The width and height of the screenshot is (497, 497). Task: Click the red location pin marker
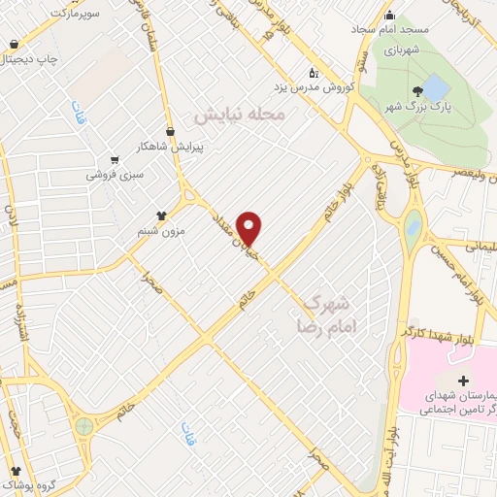click(x=250, y=228)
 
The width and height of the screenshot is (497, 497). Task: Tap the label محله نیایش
click(x=241, y=115)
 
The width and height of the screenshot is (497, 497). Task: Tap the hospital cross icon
click(x=462, y=381)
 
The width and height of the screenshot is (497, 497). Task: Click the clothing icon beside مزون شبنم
click(x=162, y=215)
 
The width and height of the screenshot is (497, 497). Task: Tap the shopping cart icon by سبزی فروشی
click(x=115, y=160)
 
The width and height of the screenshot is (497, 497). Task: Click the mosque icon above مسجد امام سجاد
click(x=390, y=15)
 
